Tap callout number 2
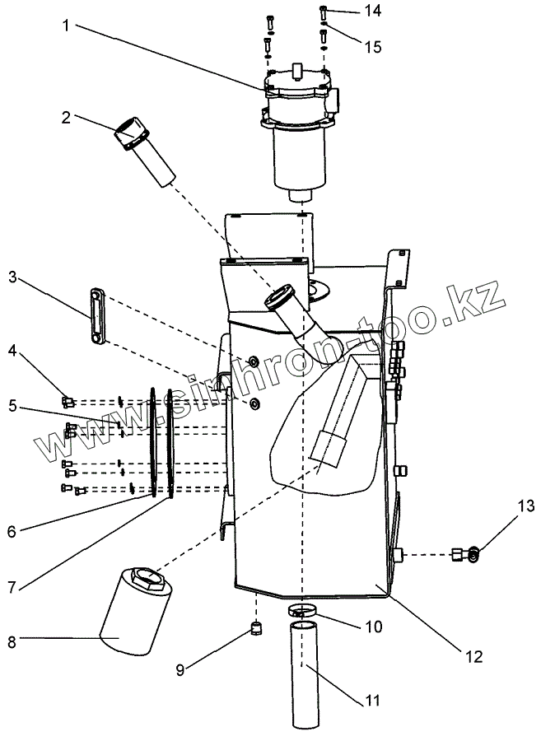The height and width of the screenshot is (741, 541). coord(66,118)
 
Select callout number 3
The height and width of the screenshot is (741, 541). coord(12,277)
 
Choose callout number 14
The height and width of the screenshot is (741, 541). coord(373,12)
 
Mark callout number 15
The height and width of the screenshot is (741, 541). coord(373,47)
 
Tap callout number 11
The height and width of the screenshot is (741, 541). coord(373,701)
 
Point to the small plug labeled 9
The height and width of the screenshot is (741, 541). coord(255,630)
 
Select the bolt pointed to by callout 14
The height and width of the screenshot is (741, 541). coord(322,12)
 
